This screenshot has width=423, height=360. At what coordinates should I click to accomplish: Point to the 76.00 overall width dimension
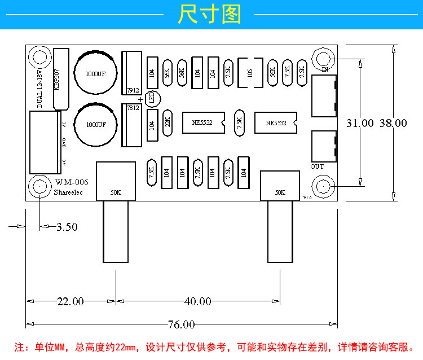(181, 324)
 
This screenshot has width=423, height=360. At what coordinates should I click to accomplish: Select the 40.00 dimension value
(197, 302)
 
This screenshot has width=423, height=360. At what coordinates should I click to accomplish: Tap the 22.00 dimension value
(70, 302)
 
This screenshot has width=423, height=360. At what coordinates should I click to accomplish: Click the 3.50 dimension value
(67, 227)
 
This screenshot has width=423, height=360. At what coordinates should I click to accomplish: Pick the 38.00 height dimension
(393, 123)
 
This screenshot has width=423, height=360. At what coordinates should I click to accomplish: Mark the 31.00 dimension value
(360, 123)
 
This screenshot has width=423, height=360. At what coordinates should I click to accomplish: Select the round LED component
(152, 99)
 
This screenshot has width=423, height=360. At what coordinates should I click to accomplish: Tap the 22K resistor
(168, 123)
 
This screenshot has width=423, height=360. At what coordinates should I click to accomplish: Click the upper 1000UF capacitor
(96, 73)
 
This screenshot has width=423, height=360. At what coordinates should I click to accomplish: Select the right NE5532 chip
(276, 122)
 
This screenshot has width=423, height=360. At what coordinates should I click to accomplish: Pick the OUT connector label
(317, 166)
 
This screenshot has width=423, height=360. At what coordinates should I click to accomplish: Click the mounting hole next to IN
(324, 59)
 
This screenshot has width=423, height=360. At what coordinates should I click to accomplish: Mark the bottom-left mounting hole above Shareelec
(40, 186)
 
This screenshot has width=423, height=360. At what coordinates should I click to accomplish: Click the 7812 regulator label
(133, 108)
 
